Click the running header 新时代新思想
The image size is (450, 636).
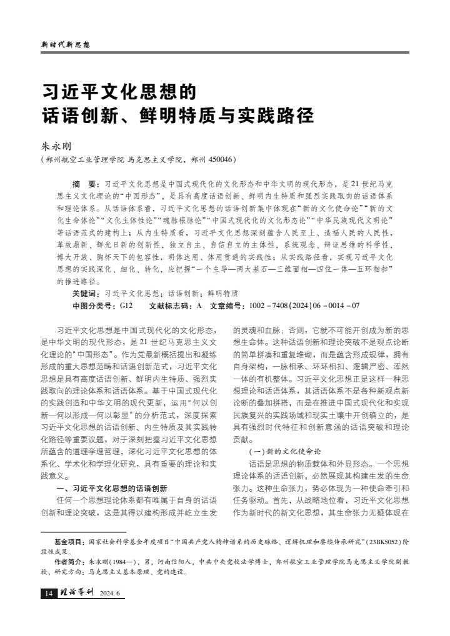pyautogui.click(x=66, y=45)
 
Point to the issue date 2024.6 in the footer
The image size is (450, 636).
pyautogui.click(x=110, y=594)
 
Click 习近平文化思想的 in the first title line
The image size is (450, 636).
pyautogui.click(x=118, y=92)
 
